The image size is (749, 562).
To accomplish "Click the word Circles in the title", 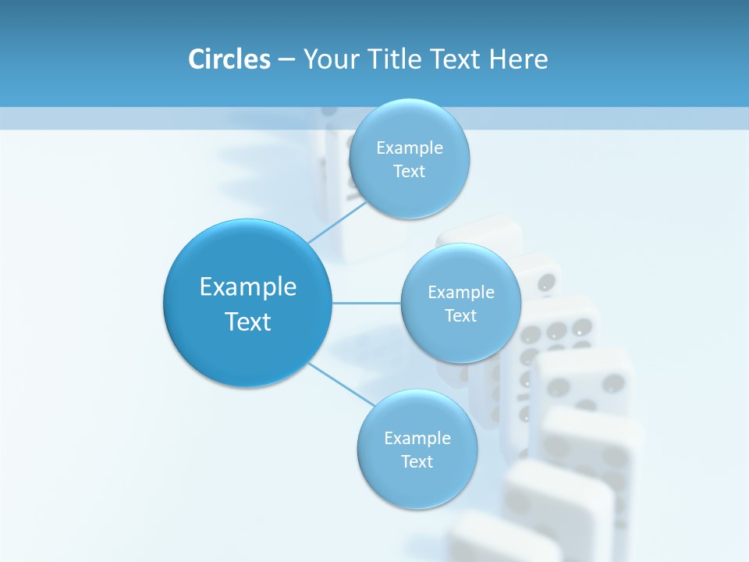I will coord(229,59).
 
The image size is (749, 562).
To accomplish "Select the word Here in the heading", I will coord(519,59).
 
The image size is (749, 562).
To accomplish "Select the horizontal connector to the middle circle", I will coord(367,303).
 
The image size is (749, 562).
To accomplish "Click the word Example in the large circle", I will coord(248,287).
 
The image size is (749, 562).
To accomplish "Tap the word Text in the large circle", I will coord(248,322).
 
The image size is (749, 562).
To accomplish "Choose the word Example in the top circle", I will coord(410,148).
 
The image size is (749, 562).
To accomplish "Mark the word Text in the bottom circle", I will coord(417,461).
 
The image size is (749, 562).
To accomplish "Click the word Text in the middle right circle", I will coord(461,315).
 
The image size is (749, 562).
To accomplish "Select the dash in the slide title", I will coord(286,60).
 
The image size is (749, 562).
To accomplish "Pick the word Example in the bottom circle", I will coord(417,438).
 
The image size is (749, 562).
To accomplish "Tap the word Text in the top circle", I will coord(409,172).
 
